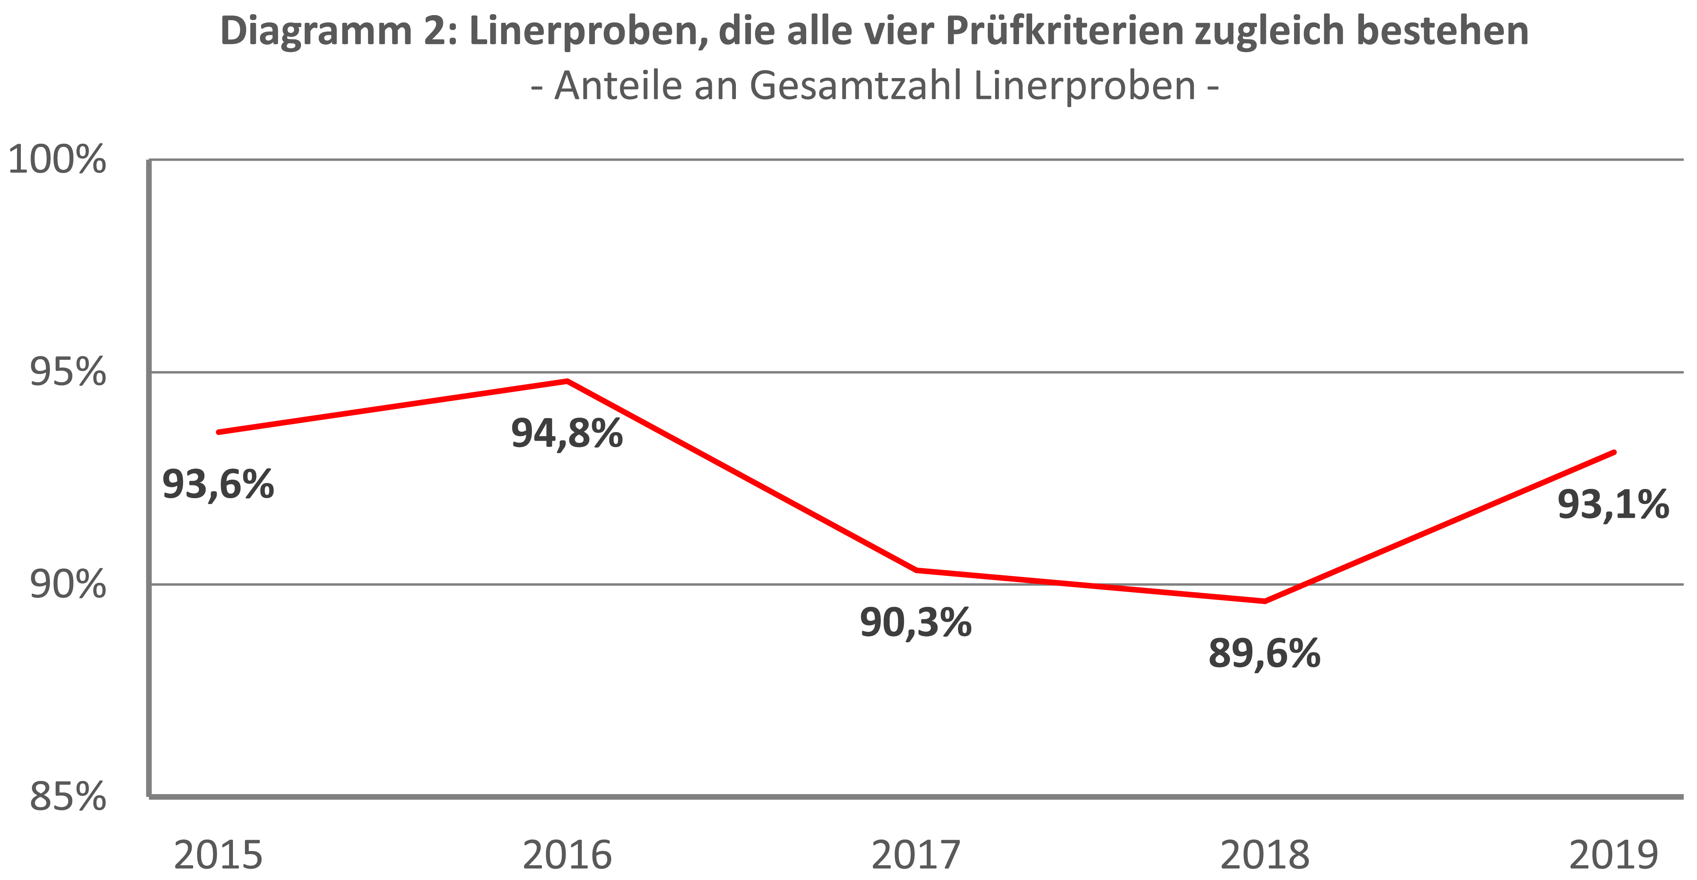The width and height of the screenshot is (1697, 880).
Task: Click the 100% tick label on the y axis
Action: click(x=57, y=160)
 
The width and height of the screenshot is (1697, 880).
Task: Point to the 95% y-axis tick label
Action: click(x=68, y=373)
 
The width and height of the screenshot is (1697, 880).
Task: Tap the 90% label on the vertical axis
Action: click(x=68, y=585)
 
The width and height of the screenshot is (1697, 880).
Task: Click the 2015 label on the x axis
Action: click(x=218, y=855)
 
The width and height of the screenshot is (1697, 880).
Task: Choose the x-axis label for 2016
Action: click(x=567, y=855)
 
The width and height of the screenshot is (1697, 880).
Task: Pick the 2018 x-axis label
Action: click(x=1265, y=855)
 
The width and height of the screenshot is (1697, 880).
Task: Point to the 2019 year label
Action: click(x=1613, y=855)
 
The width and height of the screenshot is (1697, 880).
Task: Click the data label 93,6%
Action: click(x=218, y=485)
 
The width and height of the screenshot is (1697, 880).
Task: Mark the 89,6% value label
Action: click(x=1265, y=654)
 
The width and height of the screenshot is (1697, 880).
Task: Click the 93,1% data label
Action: click(x=1613, y=505)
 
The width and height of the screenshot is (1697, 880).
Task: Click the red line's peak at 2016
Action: click(x=567, y=381)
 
